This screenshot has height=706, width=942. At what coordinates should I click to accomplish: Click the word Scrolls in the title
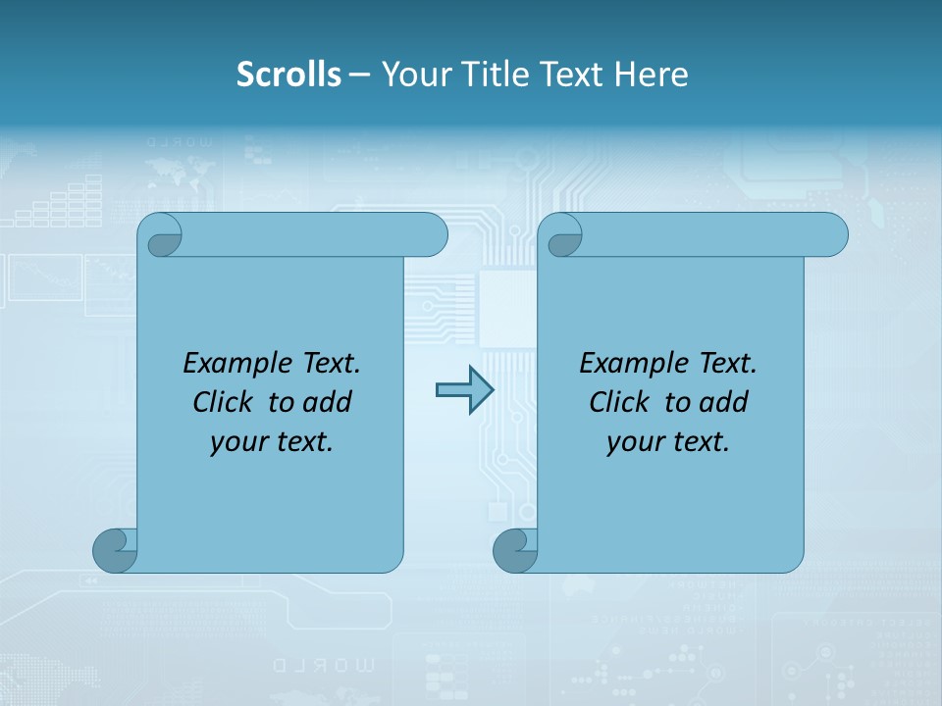point(289,75)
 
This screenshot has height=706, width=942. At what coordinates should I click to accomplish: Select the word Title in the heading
point(489,75)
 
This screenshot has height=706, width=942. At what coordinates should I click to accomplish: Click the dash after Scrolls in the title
point(359,75)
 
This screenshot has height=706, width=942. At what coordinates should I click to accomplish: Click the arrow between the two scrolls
point(464,390)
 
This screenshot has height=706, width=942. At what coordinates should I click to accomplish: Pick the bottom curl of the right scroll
point(515,550)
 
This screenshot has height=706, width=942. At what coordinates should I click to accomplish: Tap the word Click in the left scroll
point(223,403)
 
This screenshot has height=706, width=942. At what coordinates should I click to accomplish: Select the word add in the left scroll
point(329,403)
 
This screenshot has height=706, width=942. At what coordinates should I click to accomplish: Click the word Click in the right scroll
point(619,403)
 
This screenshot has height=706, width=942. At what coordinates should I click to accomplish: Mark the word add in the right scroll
point(725,403)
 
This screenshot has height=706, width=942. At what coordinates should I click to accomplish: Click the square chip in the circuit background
point(506,306)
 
